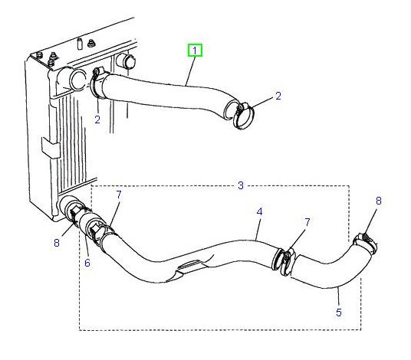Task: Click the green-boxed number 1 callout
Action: [x=196, y=51]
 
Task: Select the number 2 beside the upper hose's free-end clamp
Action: [x=278, y=96]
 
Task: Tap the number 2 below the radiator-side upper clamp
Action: [x=97, y=119]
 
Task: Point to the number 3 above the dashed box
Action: [x=240, y=186]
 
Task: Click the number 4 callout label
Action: [x=259, y=211]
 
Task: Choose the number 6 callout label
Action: [x=87, y=263]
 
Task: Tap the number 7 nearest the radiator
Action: [x=118, y=196]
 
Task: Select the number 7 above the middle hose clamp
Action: [x=307, y=222]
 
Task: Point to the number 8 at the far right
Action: [x=377, y=201]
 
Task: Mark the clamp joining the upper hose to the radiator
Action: [x=97, y=83]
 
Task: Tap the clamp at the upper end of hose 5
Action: [x=363, y=244]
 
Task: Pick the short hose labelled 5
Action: [x=330, y=270]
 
